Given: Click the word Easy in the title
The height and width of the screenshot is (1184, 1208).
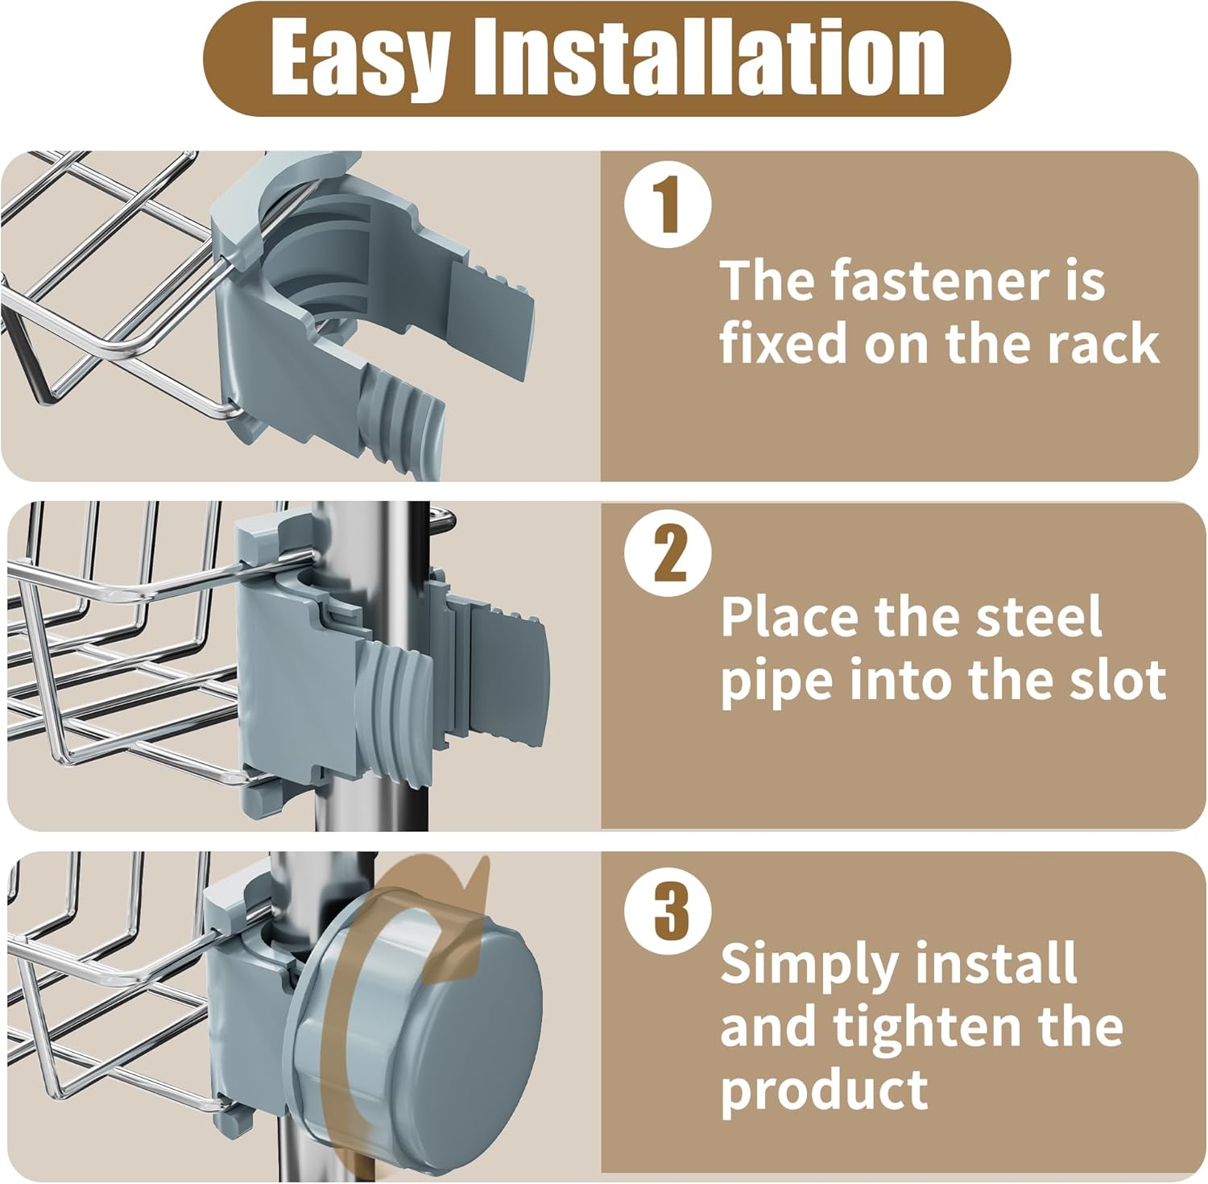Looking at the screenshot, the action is coord(358,58).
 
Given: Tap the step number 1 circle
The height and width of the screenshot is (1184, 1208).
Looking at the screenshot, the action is coord(668,205).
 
